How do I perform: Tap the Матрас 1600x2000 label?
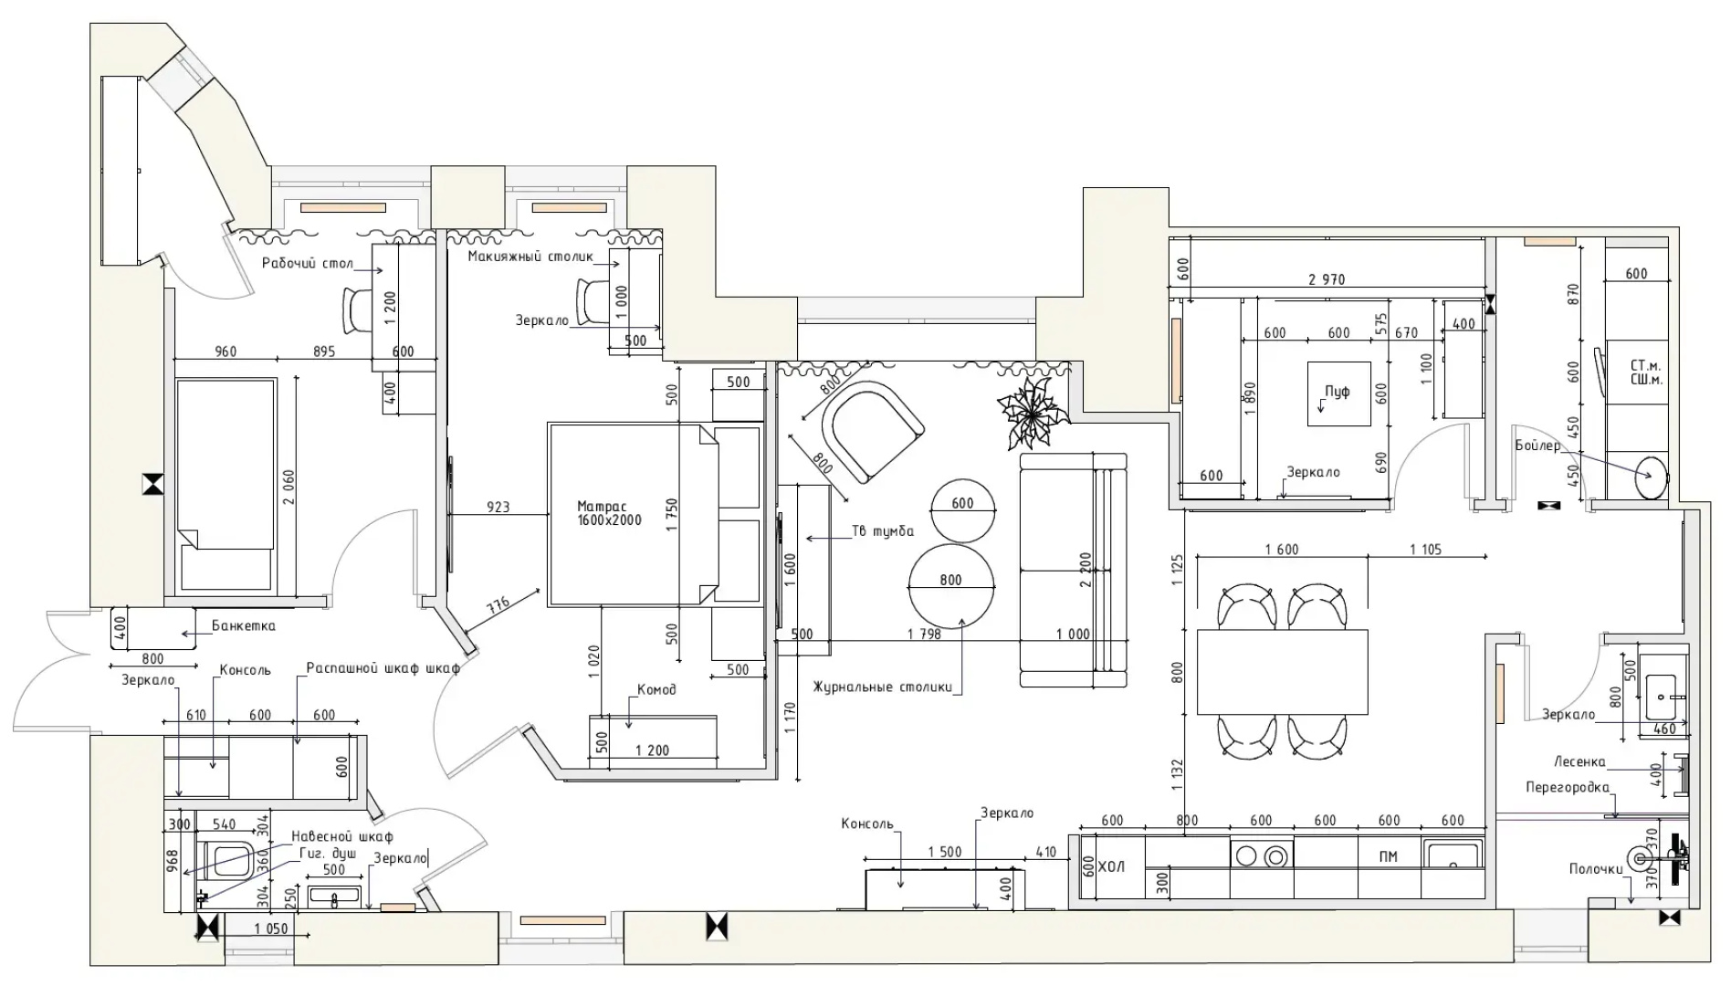pyautogui.click(x=609, y=513)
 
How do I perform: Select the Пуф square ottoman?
pyautogui.click(x=1338, y=393)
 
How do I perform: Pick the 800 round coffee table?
pyautogui.click(x=950, y=584)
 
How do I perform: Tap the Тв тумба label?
pyautogui.click(x=883, y=531)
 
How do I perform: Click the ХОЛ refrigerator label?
pyautogui.click(x=1111, y=865)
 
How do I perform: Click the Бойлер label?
pyautogui.click(x=1537, y=446)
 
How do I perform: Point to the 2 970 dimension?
pyautogui.click(x=1327, y=279)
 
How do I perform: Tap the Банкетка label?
pyautogui.click(x=243, y=626)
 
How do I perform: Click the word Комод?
pyautogui.click(x=656, y=690)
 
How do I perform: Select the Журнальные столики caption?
pyautogui.click(x=882, y=687)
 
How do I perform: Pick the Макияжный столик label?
pyautogui.click(x=530, y=257)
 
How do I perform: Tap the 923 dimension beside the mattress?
pyautogui.click(x=498, y=507)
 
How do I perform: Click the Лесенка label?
pyautogui.click(x=1579, y=761)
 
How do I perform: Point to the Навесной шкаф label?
pyautogui.click(x=342, y=836)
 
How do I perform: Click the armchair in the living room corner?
pyautogui.click(x=872, y=433)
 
